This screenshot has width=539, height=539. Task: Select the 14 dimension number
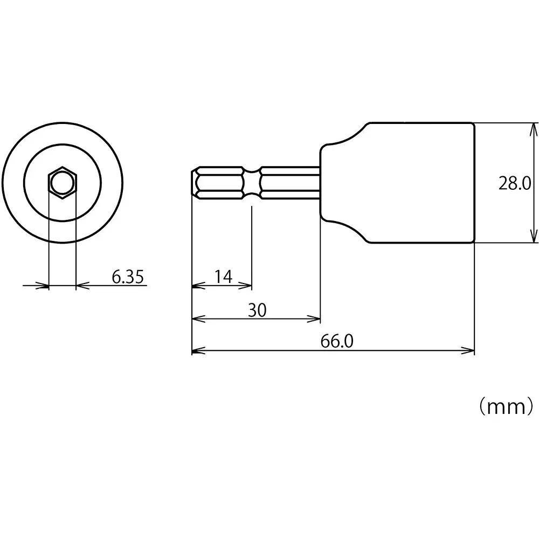(223, 277)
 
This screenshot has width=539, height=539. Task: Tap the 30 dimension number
(257, 310)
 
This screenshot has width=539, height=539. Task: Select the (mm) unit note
(506, 406)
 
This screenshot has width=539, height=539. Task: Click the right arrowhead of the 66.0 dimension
(469, 351)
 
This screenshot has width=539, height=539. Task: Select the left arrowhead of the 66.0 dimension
(197, 351)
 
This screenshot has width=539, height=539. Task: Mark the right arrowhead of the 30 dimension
(315, 319)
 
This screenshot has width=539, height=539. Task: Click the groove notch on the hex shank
(252, 183)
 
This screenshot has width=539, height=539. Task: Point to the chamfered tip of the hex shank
(195, 183)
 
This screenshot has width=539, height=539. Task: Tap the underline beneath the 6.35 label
(113, 285)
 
